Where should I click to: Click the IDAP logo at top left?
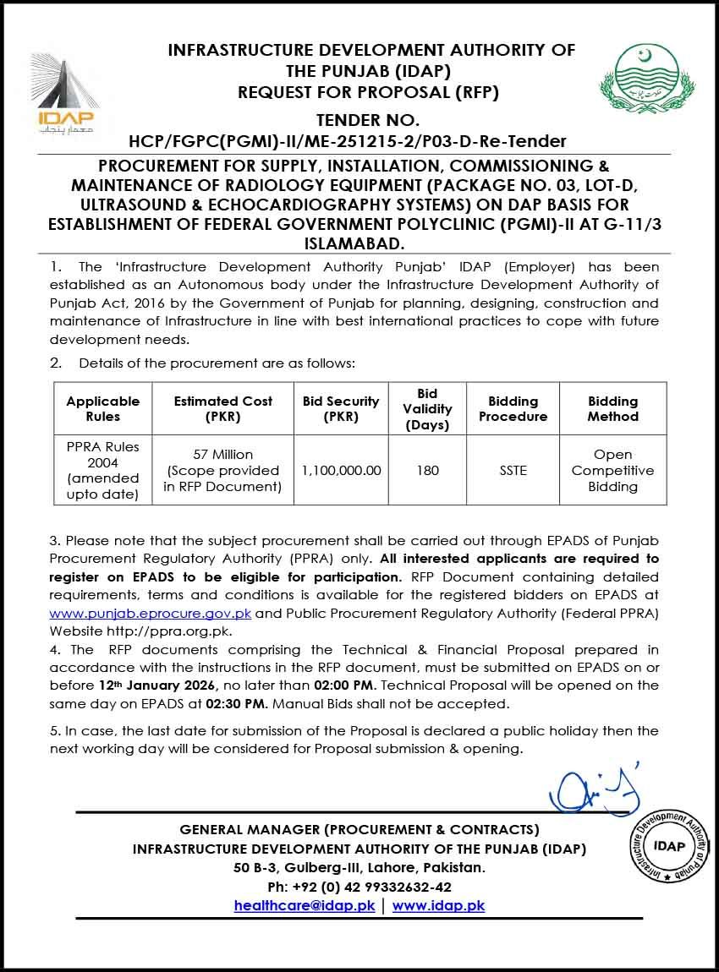[x=66, y=93]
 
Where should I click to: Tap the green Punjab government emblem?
[x=645, y=81]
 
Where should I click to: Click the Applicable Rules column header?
[x=103, y=408]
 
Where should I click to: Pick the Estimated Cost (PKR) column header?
[x=223, y=408]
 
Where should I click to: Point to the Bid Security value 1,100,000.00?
[x=341, y=470]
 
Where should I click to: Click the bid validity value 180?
[x=428, y=470]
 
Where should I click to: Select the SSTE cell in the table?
[x=513, y=470]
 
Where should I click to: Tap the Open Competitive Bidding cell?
[x=612, y=470]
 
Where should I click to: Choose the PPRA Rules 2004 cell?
[x=103, y=470]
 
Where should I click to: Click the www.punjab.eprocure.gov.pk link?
[x=151, y=612]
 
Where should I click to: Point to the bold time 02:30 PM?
[x=244, y=703]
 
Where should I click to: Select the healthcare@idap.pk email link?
[x=305, y=905]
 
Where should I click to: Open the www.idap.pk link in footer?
[x=438, y=905]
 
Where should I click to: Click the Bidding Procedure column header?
[x=513, y=408]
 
